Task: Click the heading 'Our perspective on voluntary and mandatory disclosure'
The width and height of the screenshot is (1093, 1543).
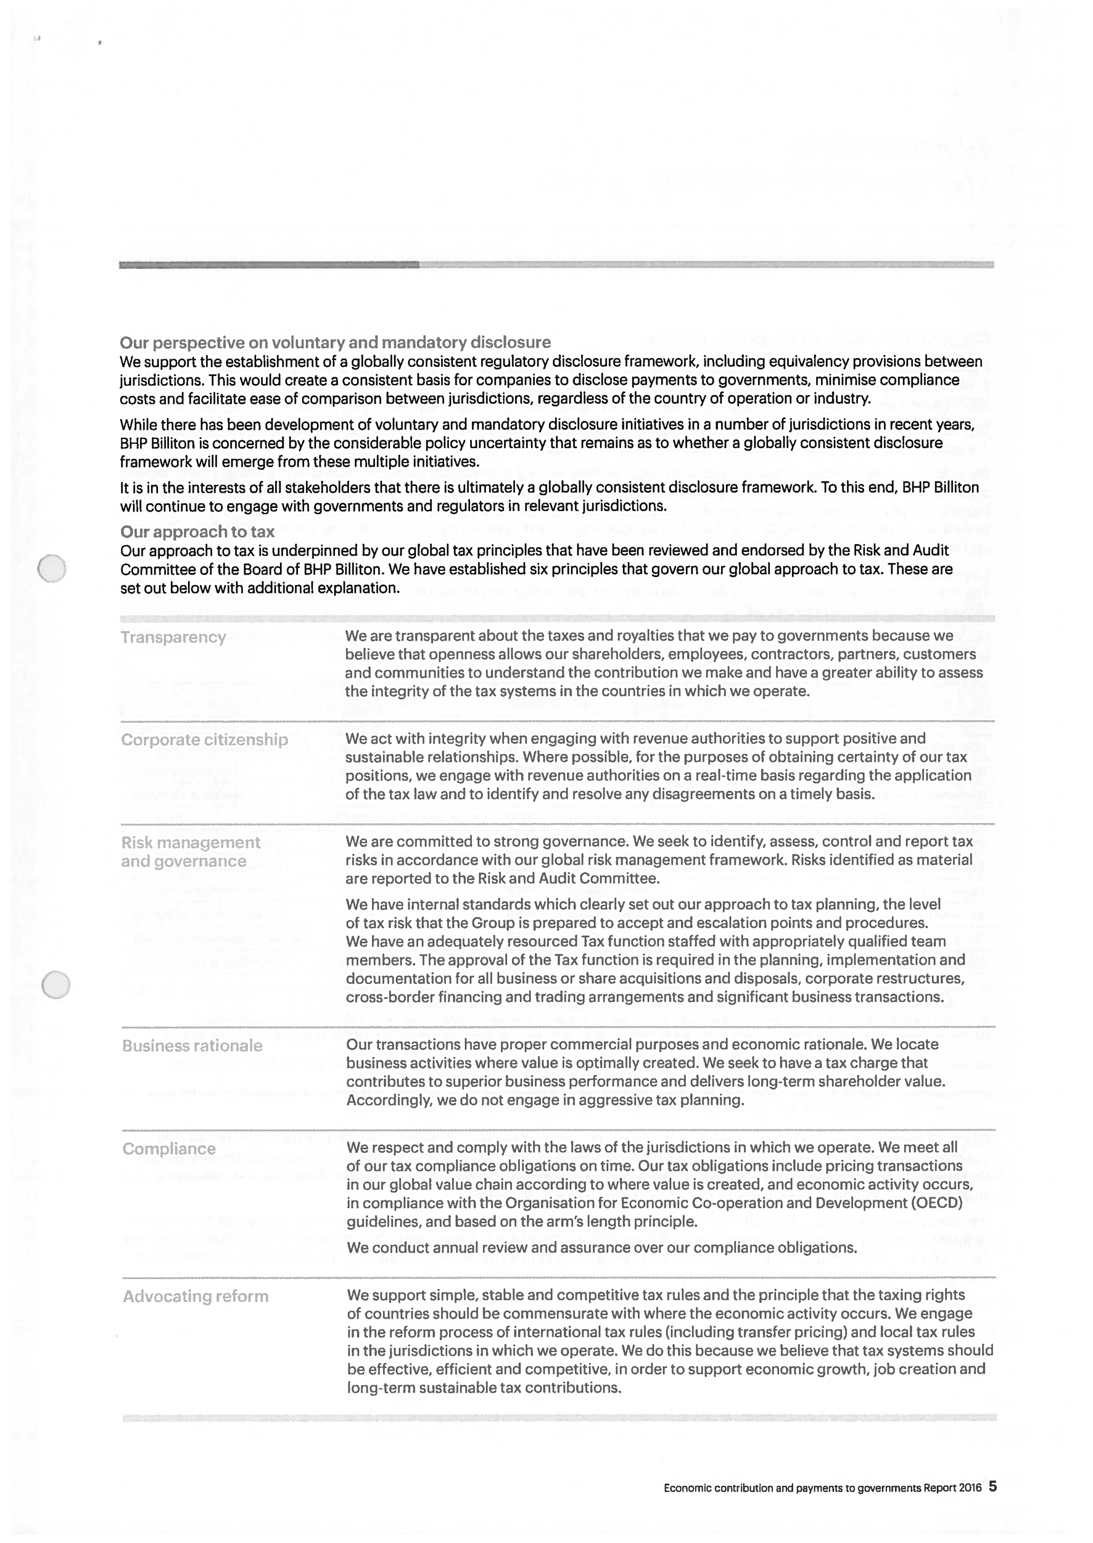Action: coord(335,342)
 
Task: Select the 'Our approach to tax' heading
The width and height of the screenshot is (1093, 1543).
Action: coord(197,531)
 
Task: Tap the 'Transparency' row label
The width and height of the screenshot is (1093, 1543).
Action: coord(173,637)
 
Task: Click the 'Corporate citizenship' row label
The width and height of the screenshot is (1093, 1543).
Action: coord(204,740)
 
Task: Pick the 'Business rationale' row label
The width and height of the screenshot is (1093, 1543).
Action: coord(192,1046)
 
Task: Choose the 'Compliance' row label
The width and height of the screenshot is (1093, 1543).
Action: coord(169,1148)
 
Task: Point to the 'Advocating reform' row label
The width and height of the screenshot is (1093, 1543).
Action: coord(195,1296)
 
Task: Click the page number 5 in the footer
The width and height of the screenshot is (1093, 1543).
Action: coord(992,1486)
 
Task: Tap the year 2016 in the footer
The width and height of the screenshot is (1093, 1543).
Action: coord(970,1488)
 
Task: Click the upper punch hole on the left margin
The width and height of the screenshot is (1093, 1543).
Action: coord(52,568)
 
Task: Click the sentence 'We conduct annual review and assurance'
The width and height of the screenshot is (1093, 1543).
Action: coord(601,1248)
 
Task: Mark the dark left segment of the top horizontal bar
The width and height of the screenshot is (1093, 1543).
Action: coord(269,265)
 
